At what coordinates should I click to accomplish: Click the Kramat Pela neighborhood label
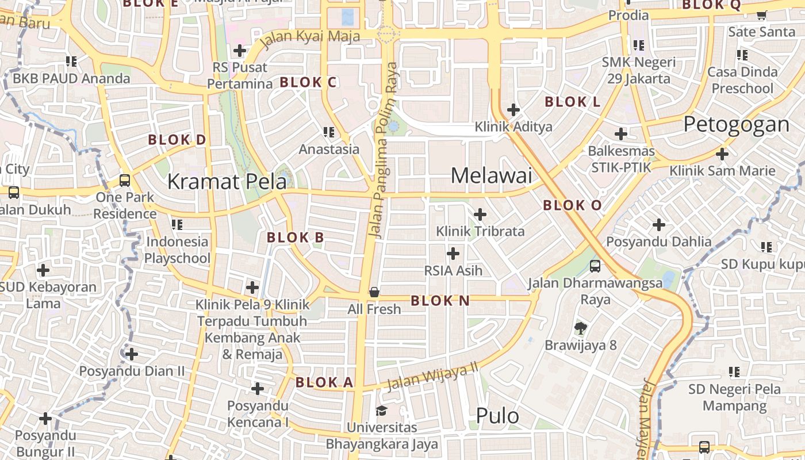227,182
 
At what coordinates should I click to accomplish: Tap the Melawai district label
492,176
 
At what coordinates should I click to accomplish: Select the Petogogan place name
736,124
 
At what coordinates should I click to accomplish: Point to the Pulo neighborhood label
497,416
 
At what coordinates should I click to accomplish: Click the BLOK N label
440,301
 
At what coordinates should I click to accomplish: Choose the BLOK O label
572,205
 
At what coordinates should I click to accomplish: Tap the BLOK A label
324,382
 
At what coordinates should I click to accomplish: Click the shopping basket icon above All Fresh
374,292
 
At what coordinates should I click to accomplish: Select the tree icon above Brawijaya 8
580,328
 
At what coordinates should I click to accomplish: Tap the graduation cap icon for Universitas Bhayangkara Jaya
381,411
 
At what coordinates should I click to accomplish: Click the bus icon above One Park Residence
125,180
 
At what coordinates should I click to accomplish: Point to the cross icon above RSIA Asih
453,253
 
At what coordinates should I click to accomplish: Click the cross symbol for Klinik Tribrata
480,214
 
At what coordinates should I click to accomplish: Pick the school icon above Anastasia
329,132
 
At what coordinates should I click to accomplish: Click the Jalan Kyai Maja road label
310,38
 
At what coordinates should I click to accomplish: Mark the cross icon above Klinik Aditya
513,109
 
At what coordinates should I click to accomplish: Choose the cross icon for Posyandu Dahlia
659,225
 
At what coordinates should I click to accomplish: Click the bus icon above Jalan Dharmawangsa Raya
595,266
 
